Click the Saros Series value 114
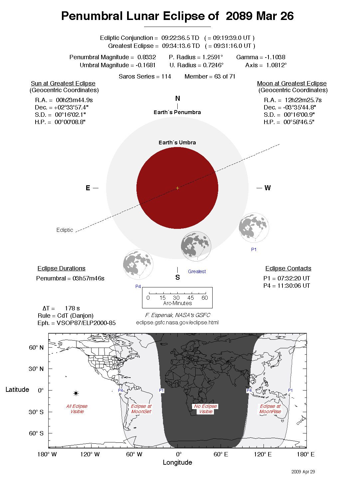click(x=166, y=77)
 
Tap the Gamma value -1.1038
click(x=275, y=57)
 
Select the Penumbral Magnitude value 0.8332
click(x=147, y=57)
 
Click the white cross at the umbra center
click(x=177, y=188)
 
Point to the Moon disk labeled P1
click(x=254, y=228)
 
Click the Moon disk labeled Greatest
click(x=196, y=246)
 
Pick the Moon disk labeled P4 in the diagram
click(x=138, y=265)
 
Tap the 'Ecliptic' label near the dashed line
click(x=65, y=230)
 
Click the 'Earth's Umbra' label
click(x=177, y=142)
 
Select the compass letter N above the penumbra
click(x=177, y=98)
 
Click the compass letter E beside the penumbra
click(x=88, y=188)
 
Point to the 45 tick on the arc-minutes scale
click(x=191, y=298)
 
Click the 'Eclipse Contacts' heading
click(x=288, y=268)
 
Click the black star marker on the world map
click(x=76, y=393)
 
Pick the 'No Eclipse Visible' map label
click(x=206, y=409)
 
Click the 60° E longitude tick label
click(x=221, y=454)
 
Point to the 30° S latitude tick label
click(x=36, y=412)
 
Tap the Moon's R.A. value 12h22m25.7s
click(x=303, y=100)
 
